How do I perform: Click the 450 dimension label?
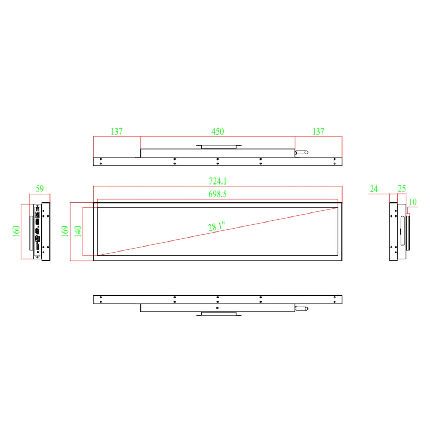point(218,132)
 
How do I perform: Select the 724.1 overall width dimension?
point(218,181)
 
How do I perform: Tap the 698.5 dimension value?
point(218,194)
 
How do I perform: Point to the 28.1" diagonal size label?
point(216,226)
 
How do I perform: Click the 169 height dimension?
point(65,231)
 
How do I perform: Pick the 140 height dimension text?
point(78,231)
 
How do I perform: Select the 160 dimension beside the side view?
point(16,231)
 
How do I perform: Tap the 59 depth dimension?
point(40,189)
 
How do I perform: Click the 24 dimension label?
point(374,189)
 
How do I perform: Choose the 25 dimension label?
point(402,188)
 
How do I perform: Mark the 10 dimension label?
point(413,202)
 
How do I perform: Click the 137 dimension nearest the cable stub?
point(318,132)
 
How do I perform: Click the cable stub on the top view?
point(301,152)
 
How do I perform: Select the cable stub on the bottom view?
point(301,308)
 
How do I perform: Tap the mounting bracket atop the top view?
point(219,147)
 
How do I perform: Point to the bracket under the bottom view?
point(219,314)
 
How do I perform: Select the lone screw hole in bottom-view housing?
point(218,307)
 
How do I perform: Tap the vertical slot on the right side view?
point(402,231)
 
